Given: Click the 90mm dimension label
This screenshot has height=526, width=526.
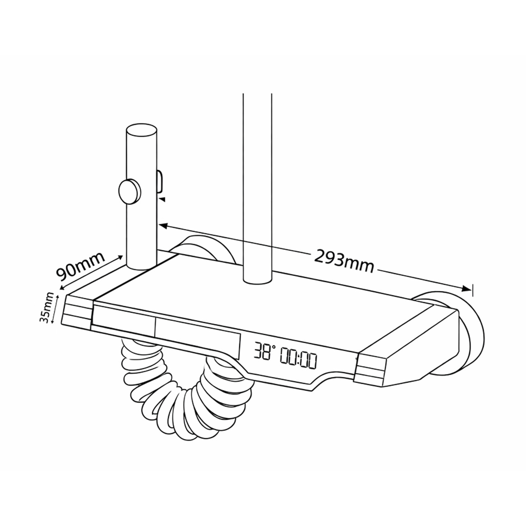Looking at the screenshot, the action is [x=80, y=266].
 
